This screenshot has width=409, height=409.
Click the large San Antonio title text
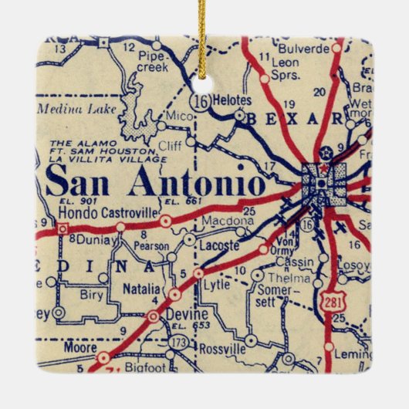coord(154,182)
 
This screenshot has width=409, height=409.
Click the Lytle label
coord(217,284)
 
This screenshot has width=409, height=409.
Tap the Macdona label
coord(223,221)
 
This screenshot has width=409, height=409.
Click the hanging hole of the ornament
coord(204,78)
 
